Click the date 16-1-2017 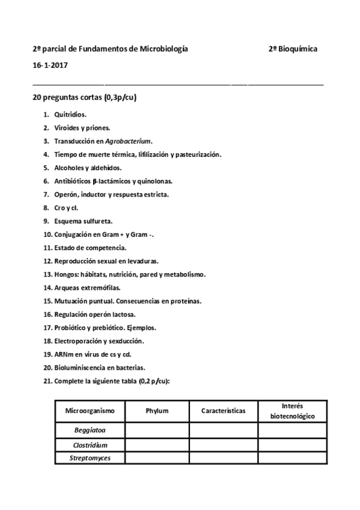(50, 65)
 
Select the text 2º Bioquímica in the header (293, 49)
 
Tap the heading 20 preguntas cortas (84, 97)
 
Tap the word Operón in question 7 (64, 194)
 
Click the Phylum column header (157, 411)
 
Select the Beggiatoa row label (90, 431)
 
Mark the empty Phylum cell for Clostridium (157, 445)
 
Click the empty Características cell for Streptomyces (224, 458)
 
